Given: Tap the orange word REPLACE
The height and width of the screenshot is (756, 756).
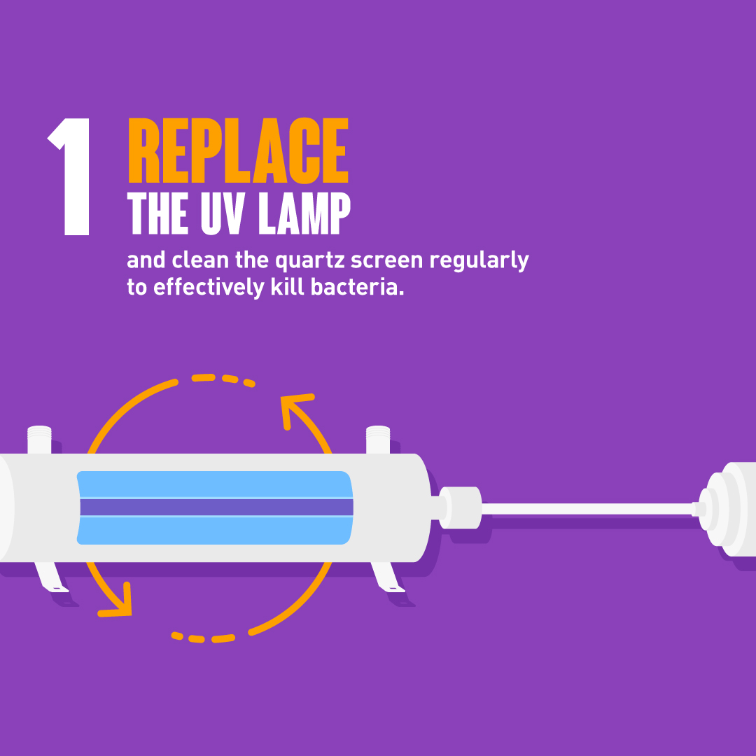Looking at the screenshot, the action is pos(238,150).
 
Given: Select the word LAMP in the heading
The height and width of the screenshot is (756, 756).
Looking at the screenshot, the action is pos(304,213).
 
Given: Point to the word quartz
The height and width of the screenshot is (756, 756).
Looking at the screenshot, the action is pos(309,261).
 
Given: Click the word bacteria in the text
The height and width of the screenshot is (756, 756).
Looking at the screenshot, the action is pos(357,288).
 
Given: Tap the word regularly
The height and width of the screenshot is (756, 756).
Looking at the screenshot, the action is pos(479,261).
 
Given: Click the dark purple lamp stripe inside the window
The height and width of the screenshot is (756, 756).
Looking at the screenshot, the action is pos(216,507).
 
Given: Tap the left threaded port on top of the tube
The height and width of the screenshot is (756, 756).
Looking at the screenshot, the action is pos(39,440).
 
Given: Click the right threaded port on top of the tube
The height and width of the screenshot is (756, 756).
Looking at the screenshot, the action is pos(378,440).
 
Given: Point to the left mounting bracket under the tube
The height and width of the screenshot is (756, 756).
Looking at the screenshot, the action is pos(51,577).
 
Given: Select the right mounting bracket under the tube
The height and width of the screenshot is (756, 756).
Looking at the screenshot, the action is pos(388,577).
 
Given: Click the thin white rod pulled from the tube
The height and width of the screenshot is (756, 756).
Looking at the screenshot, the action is pos(587,509).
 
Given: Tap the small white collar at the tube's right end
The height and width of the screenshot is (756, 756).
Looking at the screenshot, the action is pos(461,507).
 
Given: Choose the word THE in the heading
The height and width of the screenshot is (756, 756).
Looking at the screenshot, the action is pos(157,213).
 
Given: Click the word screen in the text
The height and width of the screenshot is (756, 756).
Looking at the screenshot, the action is pos(386,260).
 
